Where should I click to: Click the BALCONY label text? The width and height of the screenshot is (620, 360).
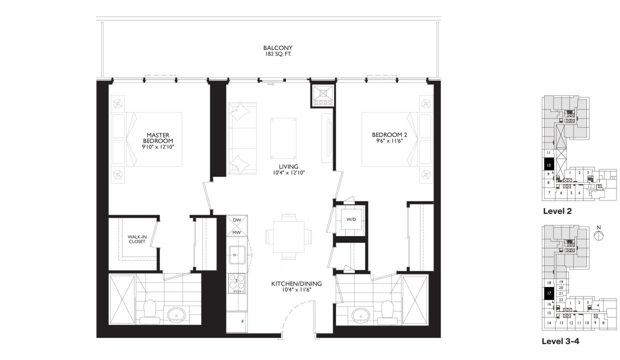point(277,51)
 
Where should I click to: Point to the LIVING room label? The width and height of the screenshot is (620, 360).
point(288,169)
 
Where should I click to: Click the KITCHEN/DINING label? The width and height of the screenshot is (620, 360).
point(296,286)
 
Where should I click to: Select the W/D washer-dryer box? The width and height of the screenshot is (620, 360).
point(350,219)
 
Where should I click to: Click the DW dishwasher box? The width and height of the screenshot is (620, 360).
point(237,220)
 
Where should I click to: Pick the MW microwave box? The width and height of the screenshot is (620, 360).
point(237,232)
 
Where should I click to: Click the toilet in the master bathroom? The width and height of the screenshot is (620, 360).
point(149,309)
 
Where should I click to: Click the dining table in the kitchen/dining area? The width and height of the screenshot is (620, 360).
point(289,236)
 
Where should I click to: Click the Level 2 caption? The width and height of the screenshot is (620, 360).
point(557,211)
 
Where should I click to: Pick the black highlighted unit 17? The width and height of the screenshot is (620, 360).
point(548,293)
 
